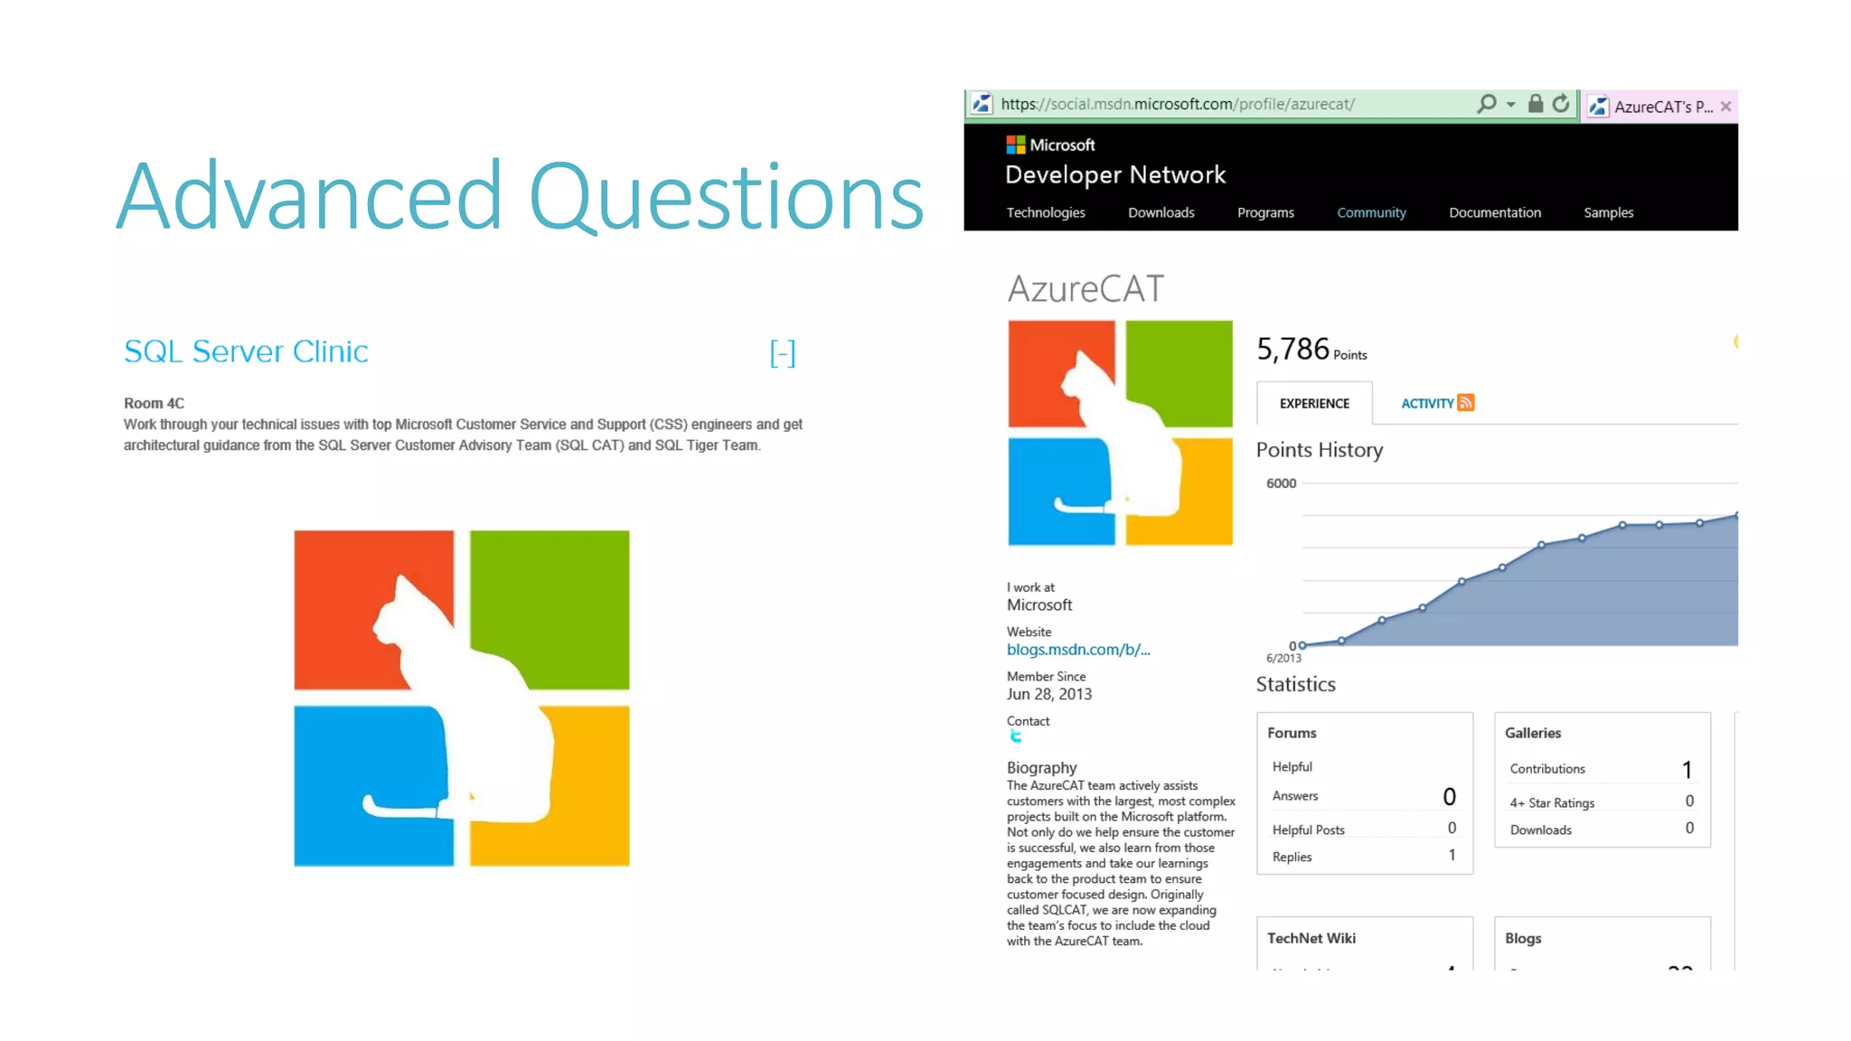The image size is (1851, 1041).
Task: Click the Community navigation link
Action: point(1371,212)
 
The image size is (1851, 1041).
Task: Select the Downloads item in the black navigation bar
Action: point(1160,212)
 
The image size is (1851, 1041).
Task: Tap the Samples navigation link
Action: point(1608,212)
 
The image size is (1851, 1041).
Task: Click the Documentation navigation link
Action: point(1494,212)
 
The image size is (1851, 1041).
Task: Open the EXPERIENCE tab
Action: point(1314,404)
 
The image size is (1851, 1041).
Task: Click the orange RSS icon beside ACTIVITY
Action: point(1466,403)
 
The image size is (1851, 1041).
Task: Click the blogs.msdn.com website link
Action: point(1078,650)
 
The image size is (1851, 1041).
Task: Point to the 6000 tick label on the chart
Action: point(1281,483)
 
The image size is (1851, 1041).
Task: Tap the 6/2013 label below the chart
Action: point(1283,659)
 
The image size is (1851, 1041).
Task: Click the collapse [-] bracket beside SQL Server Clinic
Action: point(783,353)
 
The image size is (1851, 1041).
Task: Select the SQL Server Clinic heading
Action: point(246,352)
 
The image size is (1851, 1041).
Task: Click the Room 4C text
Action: point(154,403)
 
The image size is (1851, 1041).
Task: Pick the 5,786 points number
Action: point(1292,349)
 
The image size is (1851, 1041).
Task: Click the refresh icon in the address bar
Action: point(1561,104)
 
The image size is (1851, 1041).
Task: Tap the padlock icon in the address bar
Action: point(1535,104)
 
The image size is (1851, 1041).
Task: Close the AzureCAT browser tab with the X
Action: point(1726,107)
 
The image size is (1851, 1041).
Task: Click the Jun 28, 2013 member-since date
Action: point(1049,694)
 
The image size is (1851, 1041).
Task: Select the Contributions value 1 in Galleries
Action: point(1687,769)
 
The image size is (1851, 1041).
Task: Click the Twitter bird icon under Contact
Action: point(1016,736)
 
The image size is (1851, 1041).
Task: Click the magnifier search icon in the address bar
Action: point(1486,104)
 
